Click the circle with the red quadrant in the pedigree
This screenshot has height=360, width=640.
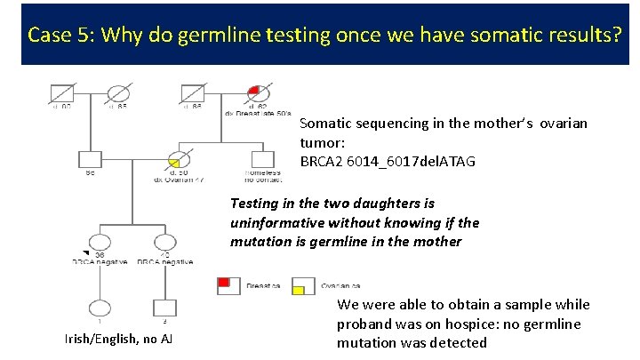click(259, 92)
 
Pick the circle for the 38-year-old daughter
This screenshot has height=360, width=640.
click(100, 242)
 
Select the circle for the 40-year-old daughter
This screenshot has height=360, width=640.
click(164, 242)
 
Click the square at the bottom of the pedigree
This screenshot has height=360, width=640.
click(164, 308)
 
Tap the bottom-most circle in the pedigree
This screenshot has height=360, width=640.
click(100, 308)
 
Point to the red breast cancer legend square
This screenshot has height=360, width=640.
click(228, 284)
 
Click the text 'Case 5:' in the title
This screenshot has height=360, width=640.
click(60, 35)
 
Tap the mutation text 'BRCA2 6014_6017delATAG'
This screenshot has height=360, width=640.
click(388, 161)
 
